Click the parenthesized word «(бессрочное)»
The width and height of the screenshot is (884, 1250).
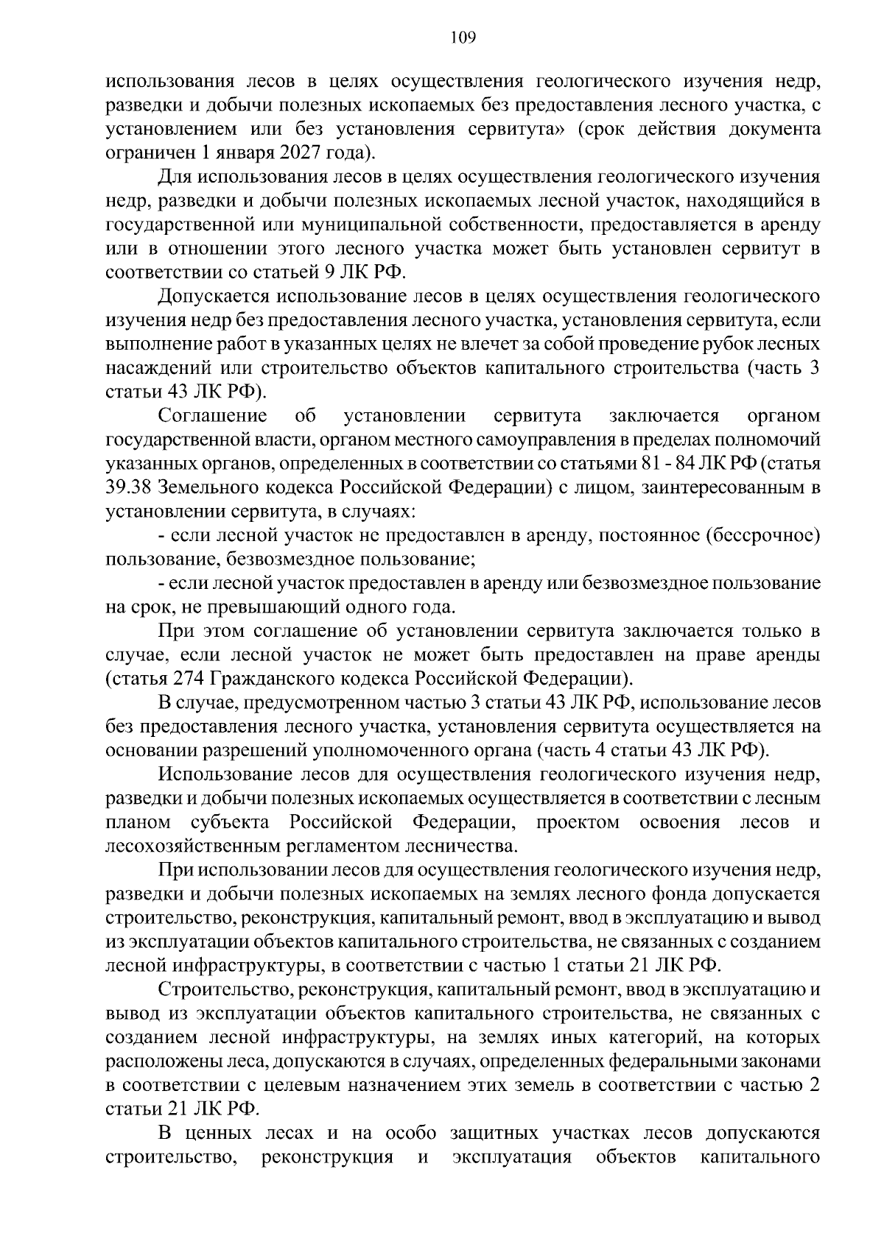point(763,535)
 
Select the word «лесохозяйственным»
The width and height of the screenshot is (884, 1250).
point(197,846)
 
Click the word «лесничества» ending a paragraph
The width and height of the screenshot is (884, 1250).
point(463,846)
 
